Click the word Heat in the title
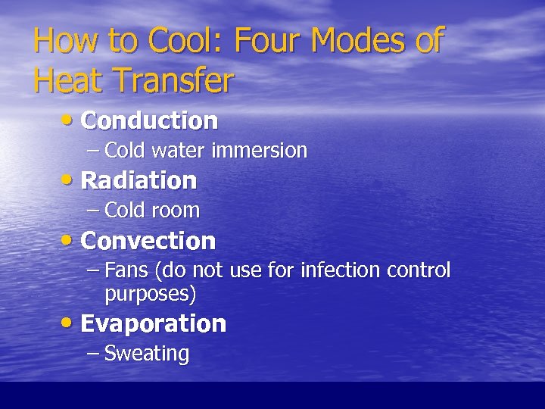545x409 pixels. (67, 81)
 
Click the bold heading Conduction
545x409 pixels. (149, 120)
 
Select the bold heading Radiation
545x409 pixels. (139, 181)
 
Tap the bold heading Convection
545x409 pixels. (148, 242)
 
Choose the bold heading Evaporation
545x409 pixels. (153, 324)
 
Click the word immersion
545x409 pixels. (260, 151)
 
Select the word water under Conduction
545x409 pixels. (179, 151)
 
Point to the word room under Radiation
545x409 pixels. (176, 211)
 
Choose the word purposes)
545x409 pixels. (151, 292)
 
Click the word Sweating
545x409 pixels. (146, 354)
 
